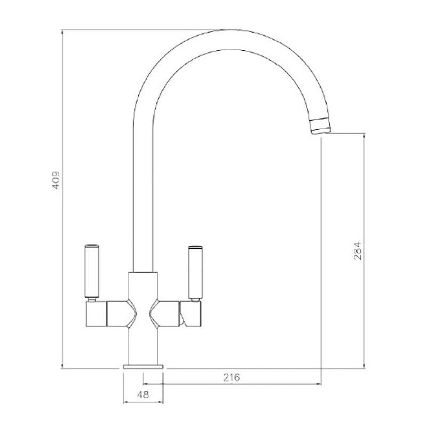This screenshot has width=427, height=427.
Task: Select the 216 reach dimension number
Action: tap(231, 377)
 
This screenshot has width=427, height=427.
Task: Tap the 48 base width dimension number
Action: tap(143, 394)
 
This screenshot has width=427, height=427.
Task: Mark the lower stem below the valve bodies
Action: tap(144, 347)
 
